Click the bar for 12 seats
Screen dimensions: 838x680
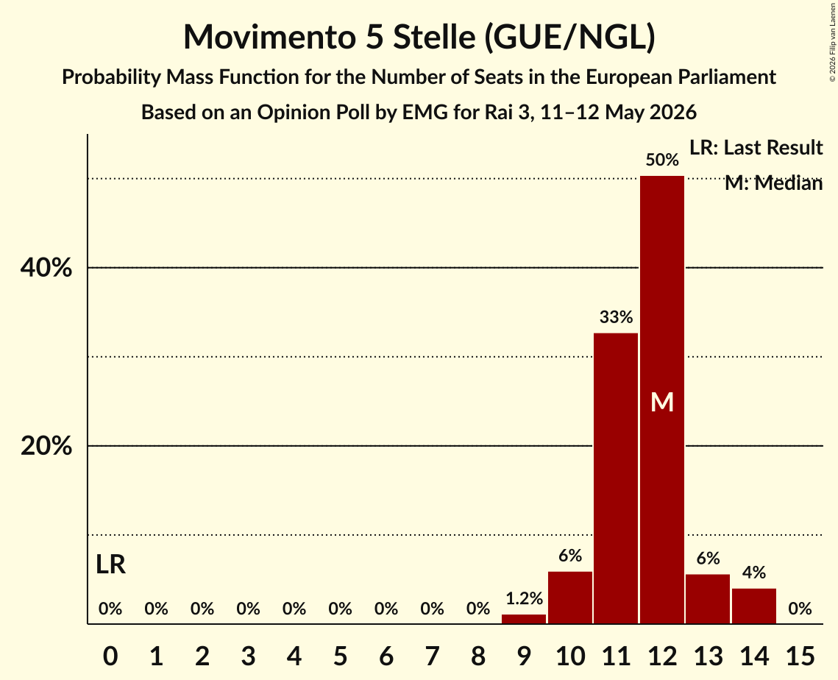click(x=661, y=400)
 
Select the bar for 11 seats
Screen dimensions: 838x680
click(x=616, y=478)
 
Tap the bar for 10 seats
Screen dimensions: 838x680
click(x=570, y=597)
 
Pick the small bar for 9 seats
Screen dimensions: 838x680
click(x=524, y=618)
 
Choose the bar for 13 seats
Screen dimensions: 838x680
click(x=708, y=599)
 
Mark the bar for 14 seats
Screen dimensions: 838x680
click(x=753, y=606)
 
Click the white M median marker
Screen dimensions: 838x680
click(x=662, y=402)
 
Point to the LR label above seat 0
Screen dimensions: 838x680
click(x=110, y=564)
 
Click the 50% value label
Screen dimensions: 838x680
click(x=662, y=160)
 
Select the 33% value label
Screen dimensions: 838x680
click(x=617, y=317)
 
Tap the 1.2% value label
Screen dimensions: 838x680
click(x=525, y=598)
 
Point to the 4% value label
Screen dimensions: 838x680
click(x=754, y=573)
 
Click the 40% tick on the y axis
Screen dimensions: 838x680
click(x=46, y=267)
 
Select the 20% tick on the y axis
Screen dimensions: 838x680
click(x=46, y=445)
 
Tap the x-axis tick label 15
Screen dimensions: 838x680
click(x=800, y=656)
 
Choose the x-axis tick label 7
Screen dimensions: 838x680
click(x=432, y=656)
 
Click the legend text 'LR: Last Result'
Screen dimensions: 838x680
click(x=756, y=147)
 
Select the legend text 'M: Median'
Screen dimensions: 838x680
click(x=773, y=183)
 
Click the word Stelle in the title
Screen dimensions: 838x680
click(x=434, y=37)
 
